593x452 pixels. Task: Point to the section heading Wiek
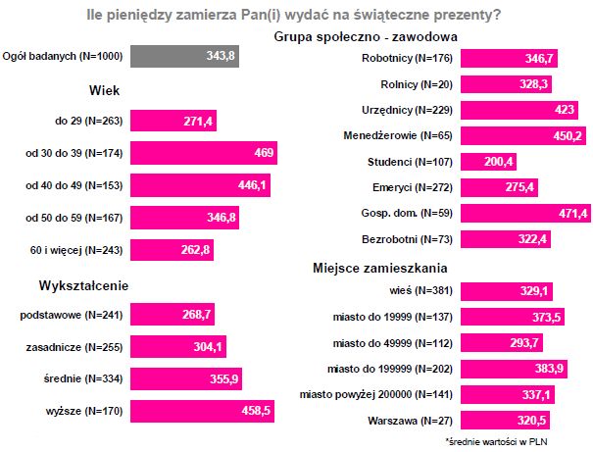coord(104,90)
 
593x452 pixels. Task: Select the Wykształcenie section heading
coord(85,284)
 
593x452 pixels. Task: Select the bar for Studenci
coord(487,161)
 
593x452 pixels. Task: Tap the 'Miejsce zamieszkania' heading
coord(380,268)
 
